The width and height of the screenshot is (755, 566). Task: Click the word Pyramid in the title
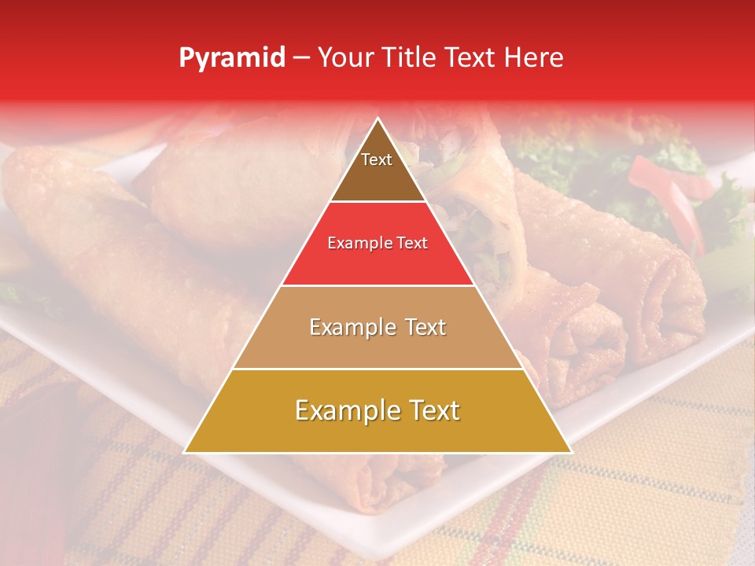click(232, 58)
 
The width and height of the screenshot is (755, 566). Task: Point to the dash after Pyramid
click(301, 58)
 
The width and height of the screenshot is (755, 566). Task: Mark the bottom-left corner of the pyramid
click(186, 452)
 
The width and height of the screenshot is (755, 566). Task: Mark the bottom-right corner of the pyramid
click(571, 452)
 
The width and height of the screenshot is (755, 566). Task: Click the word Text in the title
click(472, 57)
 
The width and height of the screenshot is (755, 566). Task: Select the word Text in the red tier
click(412, 244)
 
